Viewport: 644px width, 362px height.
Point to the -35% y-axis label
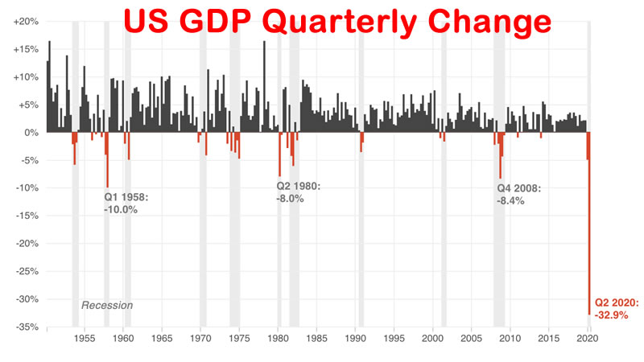pyautogui.click(x=27, y=327)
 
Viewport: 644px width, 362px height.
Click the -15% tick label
pyautogui.click(x=27, y=216)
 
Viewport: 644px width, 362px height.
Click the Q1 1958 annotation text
pyautogui.click(x=126, y=196)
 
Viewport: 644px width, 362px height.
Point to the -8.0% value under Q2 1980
pyautogui.click(x=290, y=198)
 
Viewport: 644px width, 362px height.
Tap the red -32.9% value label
pyautogui.click(x=617, y=315)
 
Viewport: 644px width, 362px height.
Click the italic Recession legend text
pyautogui.click(x=107, y=306)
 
